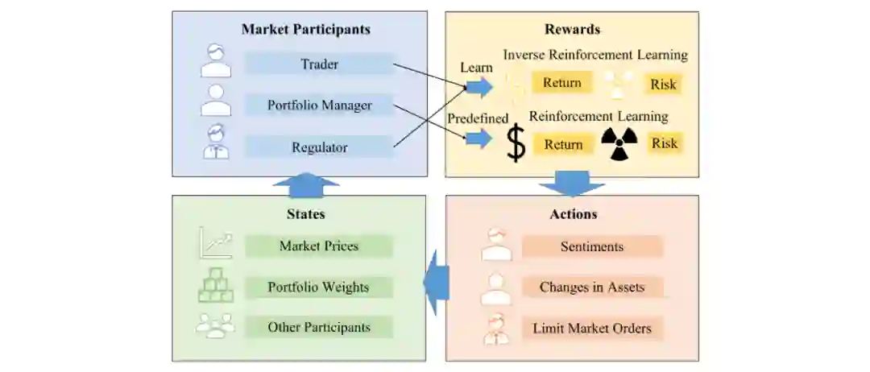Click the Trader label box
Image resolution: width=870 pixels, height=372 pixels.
320,64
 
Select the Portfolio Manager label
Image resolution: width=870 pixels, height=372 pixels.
320,105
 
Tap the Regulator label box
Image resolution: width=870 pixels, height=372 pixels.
320,147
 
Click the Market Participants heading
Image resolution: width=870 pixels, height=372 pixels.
305,30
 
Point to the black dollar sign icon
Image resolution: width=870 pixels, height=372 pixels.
516,145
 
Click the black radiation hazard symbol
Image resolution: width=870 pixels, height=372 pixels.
619,144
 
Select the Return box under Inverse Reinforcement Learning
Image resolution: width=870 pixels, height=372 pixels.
561,83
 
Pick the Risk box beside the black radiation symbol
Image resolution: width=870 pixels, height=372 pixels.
665,143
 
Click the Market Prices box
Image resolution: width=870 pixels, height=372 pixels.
318,246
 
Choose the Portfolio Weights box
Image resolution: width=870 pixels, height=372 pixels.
318,287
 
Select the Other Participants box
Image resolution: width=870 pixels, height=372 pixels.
318,327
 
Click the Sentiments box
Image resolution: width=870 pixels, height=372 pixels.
592,246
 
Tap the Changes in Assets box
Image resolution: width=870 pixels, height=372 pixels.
592,287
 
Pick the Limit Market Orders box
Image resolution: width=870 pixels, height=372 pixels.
592,329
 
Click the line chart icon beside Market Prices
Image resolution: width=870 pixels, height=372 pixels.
215,243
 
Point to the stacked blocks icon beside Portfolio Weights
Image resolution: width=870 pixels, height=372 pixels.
215,285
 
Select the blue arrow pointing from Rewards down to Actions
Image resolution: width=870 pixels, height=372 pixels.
571,184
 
